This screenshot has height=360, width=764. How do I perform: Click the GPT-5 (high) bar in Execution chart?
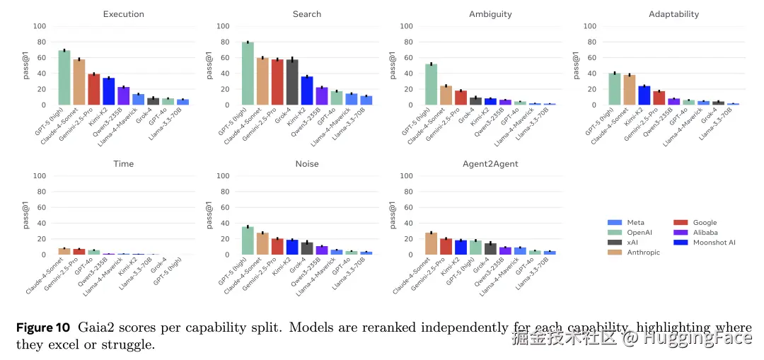64,78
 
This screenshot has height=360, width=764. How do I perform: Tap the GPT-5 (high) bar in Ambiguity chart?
431,85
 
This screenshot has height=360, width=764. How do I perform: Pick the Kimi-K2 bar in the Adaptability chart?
644,95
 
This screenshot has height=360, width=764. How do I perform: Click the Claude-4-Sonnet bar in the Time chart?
64,251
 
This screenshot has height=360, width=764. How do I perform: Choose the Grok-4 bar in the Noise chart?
306,248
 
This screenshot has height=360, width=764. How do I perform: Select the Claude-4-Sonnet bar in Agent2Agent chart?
431,243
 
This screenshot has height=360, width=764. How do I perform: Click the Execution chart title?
123,14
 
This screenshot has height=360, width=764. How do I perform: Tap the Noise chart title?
306,164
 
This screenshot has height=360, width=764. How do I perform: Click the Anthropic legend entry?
643,252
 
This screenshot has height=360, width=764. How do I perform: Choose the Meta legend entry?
635,223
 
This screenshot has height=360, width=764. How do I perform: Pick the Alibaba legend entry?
705,233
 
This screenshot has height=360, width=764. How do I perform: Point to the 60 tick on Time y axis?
41,207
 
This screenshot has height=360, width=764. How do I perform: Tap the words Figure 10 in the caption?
43,328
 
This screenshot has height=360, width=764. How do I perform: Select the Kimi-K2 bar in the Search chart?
306,91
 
